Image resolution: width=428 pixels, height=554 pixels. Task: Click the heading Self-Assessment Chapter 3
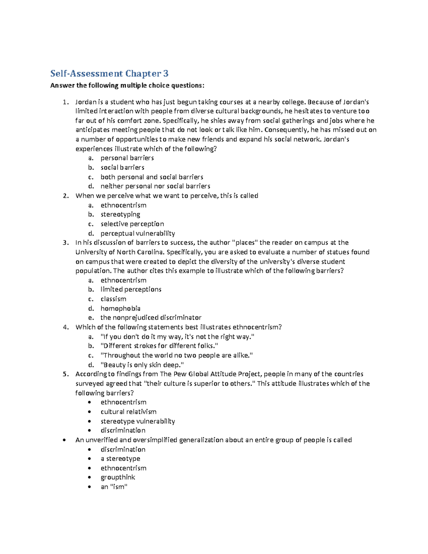[x=109, y=73]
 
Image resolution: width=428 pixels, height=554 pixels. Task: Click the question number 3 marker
[x=65, y=243]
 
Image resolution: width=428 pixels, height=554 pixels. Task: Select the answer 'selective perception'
[x=132, y=224]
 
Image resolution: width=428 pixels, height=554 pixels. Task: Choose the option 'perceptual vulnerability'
[x=138, y=233]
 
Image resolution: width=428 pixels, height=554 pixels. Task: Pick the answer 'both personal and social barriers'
[x=152, y=177]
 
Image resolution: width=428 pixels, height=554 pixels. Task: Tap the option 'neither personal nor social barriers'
[x=155, y=186]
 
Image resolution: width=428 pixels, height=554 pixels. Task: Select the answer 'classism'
[x=113, y=299]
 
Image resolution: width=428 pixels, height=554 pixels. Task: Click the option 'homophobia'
[x=120, y=308]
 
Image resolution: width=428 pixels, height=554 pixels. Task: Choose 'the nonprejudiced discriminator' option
[x=151, y=317]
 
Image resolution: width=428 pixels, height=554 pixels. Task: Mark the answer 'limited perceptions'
[x=131, y=289]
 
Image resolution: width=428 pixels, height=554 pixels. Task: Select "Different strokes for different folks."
[x=159, y=346]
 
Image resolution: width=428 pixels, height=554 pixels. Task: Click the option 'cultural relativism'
[x=128, y=412]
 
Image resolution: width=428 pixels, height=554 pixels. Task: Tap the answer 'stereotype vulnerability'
[x=138, y=421]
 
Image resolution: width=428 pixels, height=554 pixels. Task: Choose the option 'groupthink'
[x=118, y=477]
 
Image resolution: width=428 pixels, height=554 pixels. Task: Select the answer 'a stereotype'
[x=120, y=458]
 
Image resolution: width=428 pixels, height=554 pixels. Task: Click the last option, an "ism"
[x=114, y=487]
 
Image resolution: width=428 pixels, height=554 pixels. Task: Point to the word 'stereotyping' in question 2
[x=120, y=214]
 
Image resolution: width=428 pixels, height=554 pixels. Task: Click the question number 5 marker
[x=65, y=374]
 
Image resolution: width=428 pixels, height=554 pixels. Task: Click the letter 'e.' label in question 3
[x=91, y=317]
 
